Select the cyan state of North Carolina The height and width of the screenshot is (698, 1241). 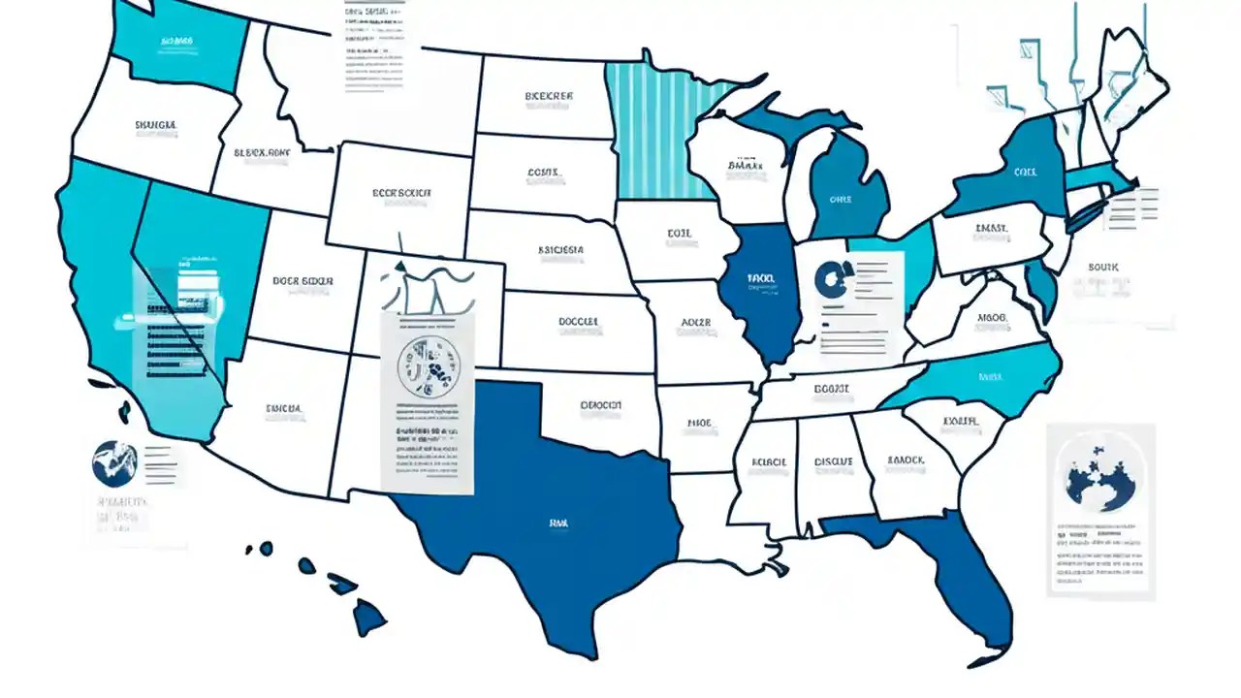click(x=979, y=378)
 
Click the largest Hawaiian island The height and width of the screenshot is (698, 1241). click(x=368, y=616)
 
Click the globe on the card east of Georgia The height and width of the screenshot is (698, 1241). click(x=1100, y=472)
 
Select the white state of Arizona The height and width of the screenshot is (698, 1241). click(x=281, y=417)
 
